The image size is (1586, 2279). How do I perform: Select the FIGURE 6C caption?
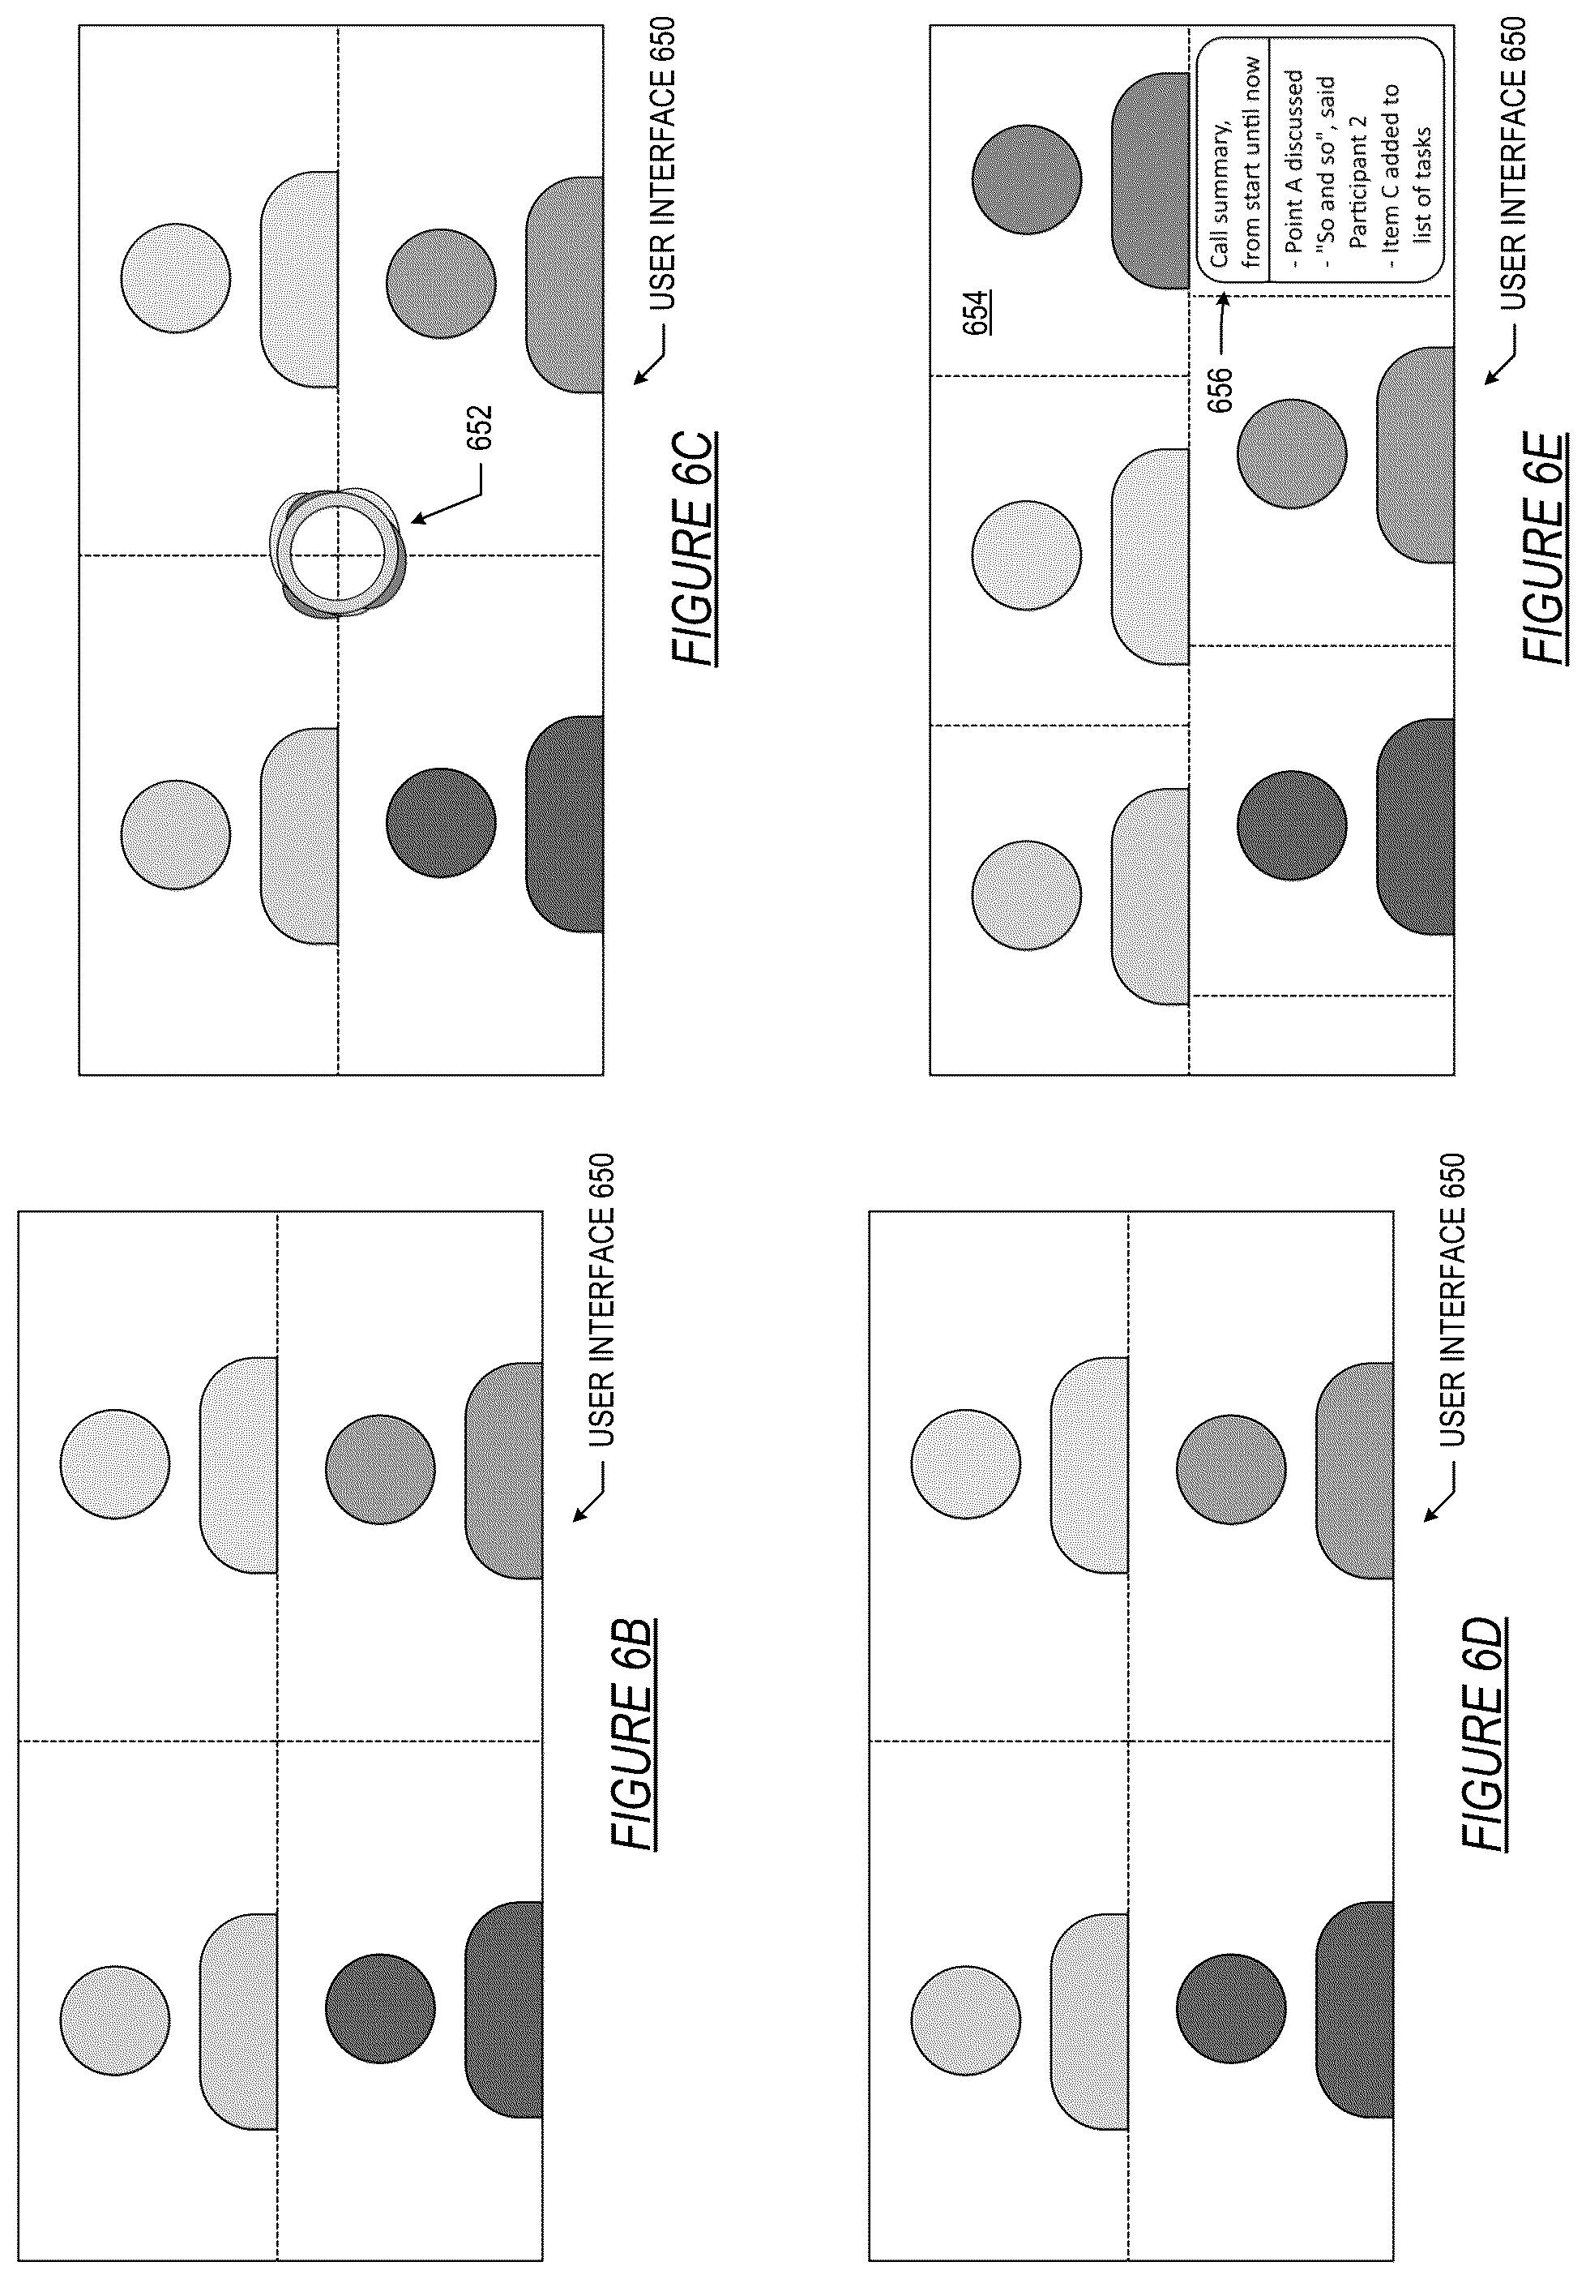[693, 548]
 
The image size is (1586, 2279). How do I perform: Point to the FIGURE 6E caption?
[1545, 548]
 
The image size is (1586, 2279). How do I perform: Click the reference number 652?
[480, 426]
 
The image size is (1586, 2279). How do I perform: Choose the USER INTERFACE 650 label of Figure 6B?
[601, 1300]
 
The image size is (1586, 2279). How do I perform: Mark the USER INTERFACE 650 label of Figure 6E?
[1512, 164]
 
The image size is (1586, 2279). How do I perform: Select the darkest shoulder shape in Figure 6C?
[565, 824]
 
